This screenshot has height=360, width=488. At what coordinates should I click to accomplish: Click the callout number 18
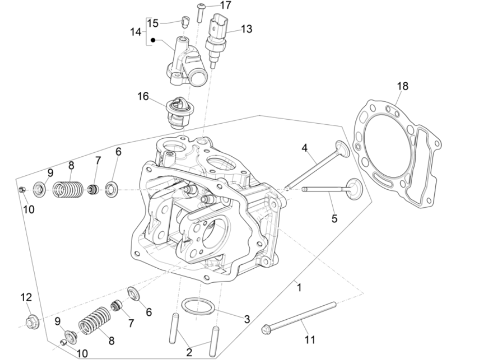click(402, 86)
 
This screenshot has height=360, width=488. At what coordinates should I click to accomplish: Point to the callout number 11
click(309, 340)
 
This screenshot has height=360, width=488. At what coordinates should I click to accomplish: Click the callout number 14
click(135, 32)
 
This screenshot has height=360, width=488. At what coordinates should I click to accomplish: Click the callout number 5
click(334, 219)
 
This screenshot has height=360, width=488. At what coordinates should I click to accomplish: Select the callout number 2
click(189, 353)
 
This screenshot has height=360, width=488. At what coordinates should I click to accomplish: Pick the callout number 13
click(247, 29)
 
